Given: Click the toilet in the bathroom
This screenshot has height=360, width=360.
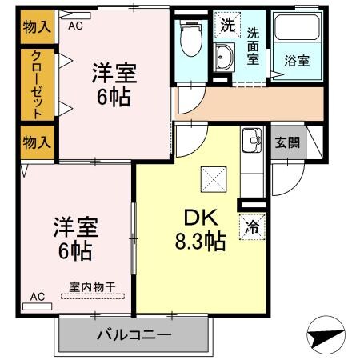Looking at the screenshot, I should tap(190, 38).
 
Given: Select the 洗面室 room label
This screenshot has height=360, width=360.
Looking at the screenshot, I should tap(253, 46).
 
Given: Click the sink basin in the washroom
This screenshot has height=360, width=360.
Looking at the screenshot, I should tap(223, 57).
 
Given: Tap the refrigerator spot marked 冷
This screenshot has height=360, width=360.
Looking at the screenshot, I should tap(251, 227).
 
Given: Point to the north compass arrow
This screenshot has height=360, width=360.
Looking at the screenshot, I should tap(329, 334).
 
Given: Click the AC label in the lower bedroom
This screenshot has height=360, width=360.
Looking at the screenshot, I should tap(37, 296).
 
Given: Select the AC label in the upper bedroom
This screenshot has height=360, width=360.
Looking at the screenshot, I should tap(75, 25).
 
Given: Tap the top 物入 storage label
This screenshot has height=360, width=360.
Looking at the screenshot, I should tap(37, 26).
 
